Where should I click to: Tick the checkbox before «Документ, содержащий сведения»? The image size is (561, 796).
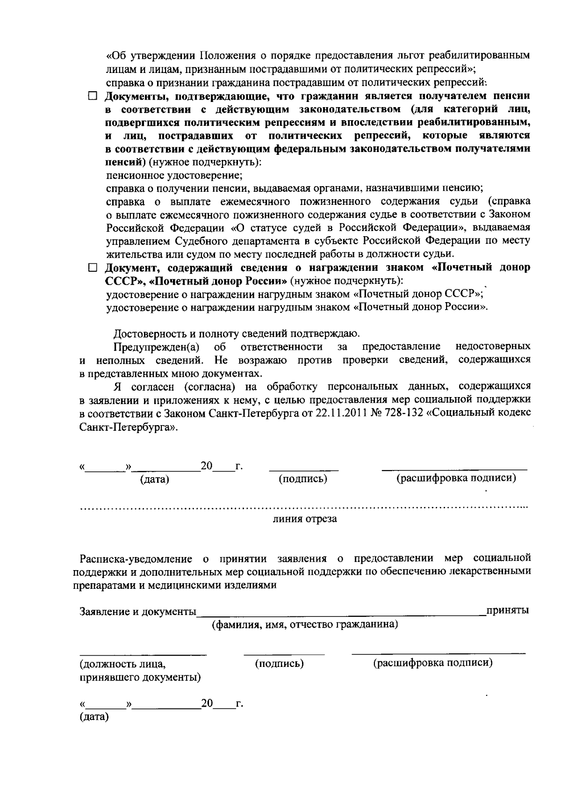[92, 268]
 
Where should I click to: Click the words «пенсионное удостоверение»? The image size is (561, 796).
[174, 176]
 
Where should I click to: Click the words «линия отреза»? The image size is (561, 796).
[305, 519]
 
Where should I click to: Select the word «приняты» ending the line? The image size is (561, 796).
[508, 610]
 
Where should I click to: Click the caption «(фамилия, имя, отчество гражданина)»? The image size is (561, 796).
[305, 625]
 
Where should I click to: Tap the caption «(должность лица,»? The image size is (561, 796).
[123, 664]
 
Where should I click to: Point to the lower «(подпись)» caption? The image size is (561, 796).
[280, 663]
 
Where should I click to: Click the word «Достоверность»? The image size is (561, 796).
[151, 334]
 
